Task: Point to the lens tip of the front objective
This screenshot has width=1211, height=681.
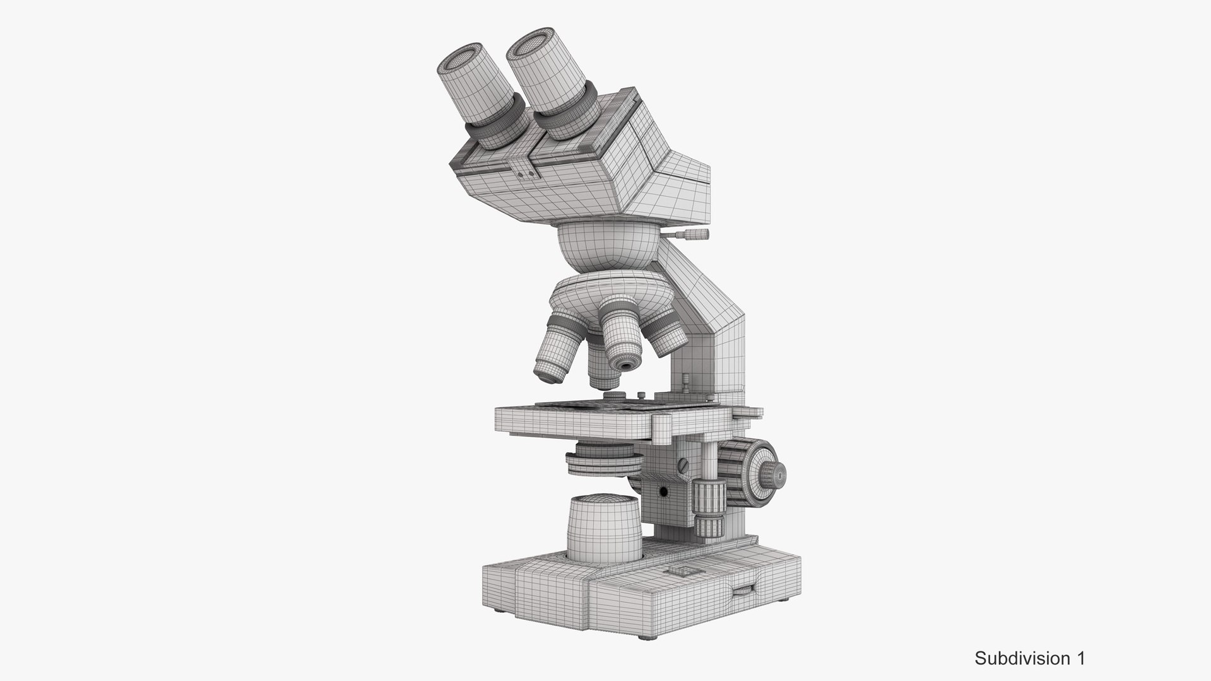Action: click(x=626, y=365)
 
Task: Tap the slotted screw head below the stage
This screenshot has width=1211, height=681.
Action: click(x=683, y=466)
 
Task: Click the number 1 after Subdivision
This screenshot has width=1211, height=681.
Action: click(x=1080, y=659)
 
